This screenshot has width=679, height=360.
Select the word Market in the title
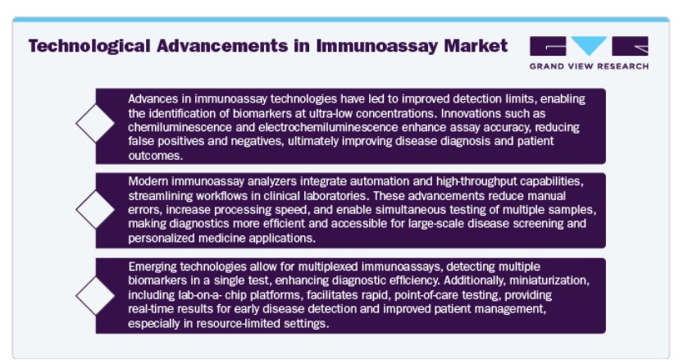click(x=476, y=45)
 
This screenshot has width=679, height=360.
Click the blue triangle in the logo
click(x=589, y=45)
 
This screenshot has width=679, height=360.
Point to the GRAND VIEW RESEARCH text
click(x=589, y=66)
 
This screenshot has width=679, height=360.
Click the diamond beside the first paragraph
click(x=95, y=124)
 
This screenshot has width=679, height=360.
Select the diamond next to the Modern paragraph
click(x=95, y=209)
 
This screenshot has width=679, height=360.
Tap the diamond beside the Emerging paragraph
click(x=95, y=296)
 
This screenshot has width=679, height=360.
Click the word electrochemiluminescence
click(x=328, y=127)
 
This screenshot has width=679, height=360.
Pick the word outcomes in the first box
click(x=156, y=156)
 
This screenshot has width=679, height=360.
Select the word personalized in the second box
click(x=161, y=239)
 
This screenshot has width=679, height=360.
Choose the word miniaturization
click(x=549, y=280)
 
